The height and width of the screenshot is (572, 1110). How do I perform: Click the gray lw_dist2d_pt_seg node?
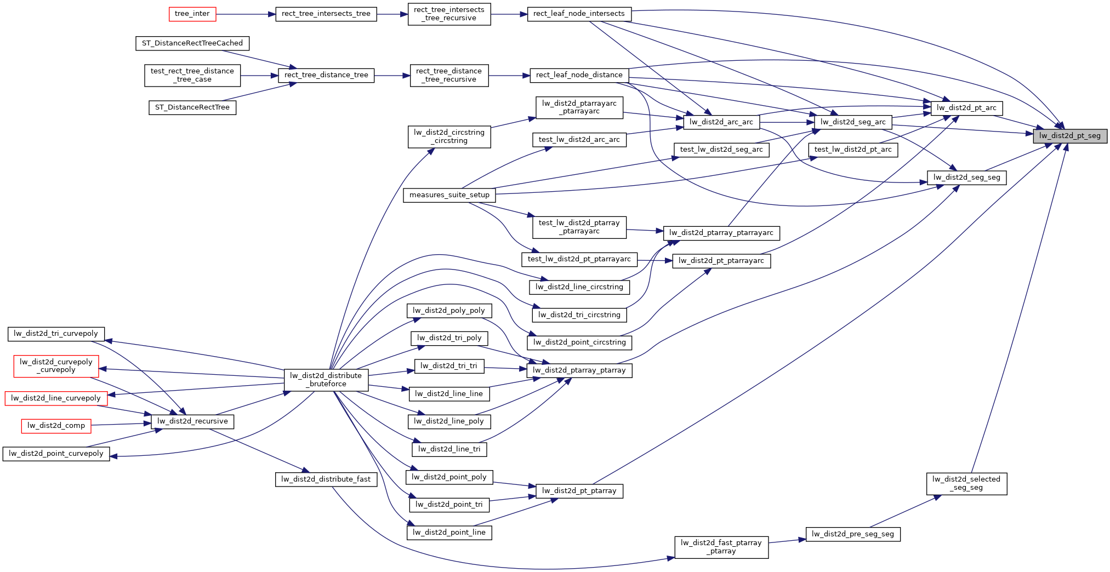tap(1069, 136)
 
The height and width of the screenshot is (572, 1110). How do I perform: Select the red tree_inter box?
tap(192, 14)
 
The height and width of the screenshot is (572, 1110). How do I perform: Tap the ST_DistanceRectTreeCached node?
tap(192, 43)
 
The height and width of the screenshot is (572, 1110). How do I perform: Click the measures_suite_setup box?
tap(449, 195)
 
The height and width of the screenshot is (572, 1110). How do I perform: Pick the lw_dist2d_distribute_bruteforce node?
tap(326, 380)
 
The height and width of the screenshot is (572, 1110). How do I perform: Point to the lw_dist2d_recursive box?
tap(192, 421)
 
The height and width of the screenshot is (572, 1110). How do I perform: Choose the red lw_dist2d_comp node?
tap(56, 426)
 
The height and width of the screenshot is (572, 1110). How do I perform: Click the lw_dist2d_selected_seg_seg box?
tap(966, 483)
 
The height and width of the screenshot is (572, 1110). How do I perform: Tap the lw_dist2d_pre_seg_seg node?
tap(852, 534)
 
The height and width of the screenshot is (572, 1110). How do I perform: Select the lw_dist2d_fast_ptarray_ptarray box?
tap(721, 547)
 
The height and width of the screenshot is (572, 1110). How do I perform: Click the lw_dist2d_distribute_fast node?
tap(326, 479)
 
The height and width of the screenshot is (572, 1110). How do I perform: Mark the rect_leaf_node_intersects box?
tap(579, 14)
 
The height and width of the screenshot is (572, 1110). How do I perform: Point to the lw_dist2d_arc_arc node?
tap(721, 122)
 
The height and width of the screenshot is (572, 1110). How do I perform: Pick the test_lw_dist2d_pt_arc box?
tap(852, 150)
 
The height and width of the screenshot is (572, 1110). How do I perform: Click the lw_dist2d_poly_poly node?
tap(448, 311)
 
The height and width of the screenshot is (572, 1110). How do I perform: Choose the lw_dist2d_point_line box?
tap(448, 533)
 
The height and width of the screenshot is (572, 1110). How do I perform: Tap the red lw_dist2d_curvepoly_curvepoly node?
tap(56, 365)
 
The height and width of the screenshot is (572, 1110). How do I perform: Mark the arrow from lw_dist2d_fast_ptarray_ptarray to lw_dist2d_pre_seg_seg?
tap(787, 541)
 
